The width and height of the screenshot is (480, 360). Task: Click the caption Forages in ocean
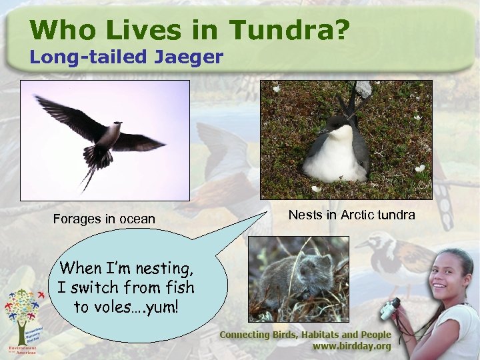coord(104,219)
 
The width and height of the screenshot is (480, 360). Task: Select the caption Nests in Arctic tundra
coord(351,215)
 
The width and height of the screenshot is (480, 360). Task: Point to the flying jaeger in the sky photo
coord(101,134)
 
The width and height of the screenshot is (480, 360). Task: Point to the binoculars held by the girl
coord(390,307)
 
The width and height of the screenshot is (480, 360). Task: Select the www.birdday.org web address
coord(353,347)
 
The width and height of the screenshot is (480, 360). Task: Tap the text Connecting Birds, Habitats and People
coord(305,335)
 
